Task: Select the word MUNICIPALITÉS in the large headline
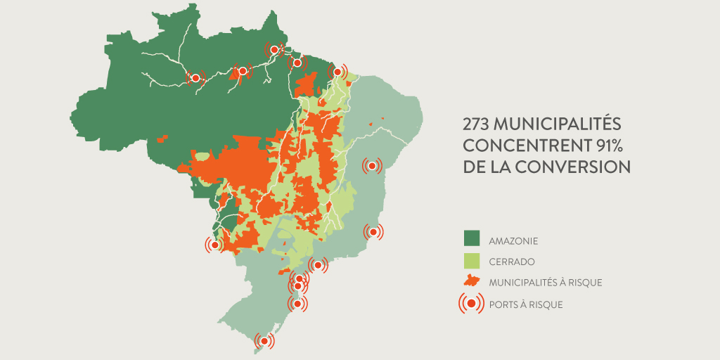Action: click(x=558, y=124)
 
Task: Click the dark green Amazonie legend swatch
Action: click(x=471, y=240)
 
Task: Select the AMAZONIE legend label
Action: click(x=513, y=240)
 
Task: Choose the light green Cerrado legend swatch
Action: click(x=471, y=261)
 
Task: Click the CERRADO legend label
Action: click(x=511, y=262)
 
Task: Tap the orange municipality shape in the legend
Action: click(x=471, y=281)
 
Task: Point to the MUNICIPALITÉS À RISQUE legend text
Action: click(x=545, y=283)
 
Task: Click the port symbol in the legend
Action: click(x=471, y=303)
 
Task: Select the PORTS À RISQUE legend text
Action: click(x=525, y=304)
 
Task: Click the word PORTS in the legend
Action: click(x=504, y=304)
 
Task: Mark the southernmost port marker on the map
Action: click(x=264, y=341)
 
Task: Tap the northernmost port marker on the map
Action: click(x=274, y=49)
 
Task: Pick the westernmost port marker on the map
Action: click(x=195, y=78)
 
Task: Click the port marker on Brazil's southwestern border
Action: click(x=215, y=245)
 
